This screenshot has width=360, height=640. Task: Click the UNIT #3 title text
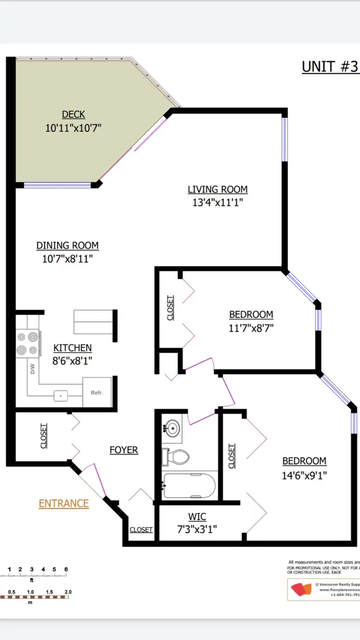(330, 66)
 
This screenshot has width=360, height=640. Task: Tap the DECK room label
(73, 115)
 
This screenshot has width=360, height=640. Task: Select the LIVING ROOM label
(217, 190)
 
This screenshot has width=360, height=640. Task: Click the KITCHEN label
(72, 348)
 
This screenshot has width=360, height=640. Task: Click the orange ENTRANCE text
(64, 503)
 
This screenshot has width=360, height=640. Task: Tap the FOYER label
(124, 450)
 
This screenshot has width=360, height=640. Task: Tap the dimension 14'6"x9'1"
(304, 475)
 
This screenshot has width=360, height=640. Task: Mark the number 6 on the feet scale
(66, 569)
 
